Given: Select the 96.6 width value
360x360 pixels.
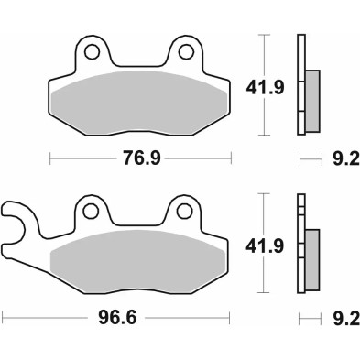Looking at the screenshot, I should coord(114,322).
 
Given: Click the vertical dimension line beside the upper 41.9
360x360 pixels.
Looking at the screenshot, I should coord(264,87).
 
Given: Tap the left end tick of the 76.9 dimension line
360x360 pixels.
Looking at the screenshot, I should coord(49,159).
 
